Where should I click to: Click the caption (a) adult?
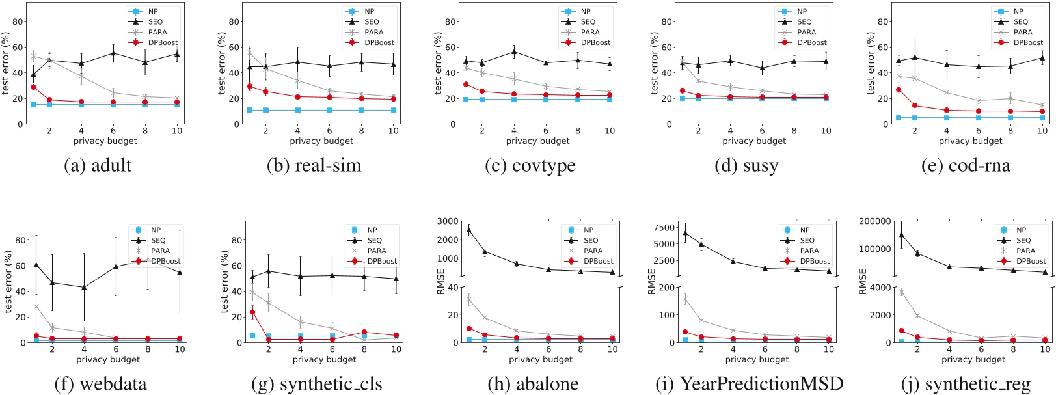[x=98, y=165]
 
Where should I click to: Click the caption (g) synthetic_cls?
[x=316, y=384]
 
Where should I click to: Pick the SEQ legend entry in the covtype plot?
[x=588, y=21]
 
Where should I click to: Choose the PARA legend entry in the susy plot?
[x=806, y=32]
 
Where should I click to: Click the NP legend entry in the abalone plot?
[x=588, y=230]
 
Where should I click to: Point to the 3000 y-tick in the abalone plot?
[x=448, y=221]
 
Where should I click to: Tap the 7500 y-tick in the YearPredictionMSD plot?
[x=663, y=228]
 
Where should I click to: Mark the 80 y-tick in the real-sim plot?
[x=232, y=21]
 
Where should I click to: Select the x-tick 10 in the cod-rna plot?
[x=1042, y=131]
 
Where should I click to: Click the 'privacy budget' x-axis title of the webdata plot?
[x=108, y=359]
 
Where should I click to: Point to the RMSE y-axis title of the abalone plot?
[x=441, y=281]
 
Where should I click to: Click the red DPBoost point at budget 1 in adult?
[x=33, y=87]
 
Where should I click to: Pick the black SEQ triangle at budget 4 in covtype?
[x=514, y=52]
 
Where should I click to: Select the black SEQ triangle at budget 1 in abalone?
[x=469, y=230]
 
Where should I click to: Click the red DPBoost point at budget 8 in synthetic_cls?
[x=364, y=332]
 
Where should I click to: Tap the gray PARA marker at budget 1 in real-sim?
[x=250, y=53]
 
